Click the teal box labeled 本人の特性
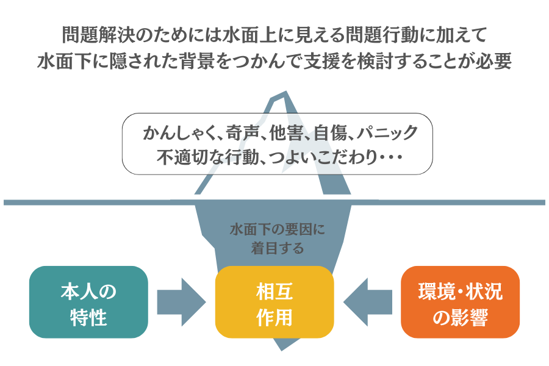[88, 302]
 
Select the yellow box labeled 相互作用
[274, 302]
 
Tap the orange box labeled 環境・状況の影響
[460, 302]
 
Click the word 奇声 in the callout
[239, 132]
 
